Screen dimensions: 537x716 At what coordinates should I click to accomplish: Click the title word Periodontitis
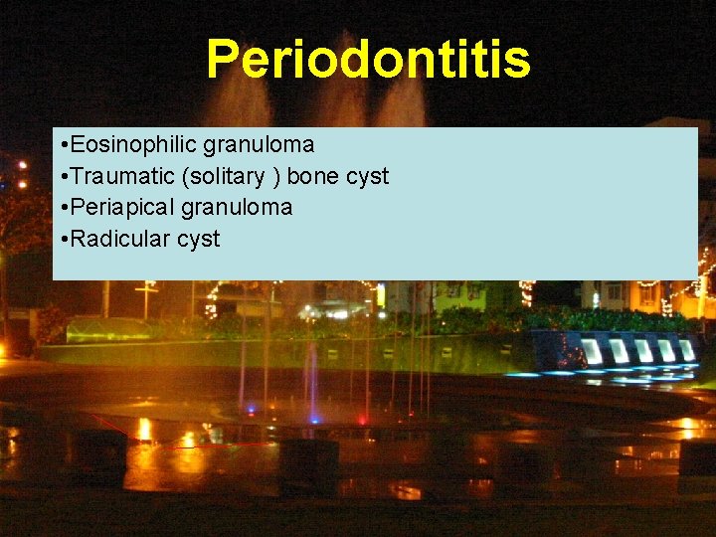pyautogui.click(x=368, y=60)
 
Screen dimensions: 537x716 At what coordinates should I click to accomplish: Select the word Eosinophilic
pyautogui.click(x=135, y=145)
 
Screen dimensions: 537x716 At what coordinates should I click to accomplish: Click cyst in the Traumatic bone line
pyautogui.click(x=366, y=177)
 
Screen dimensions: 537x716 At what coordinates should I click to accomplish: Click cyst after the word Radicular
pyautogui.click(x=198, y=240)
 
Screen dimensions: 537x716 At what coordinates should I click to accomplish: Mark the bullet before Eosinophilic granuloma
pyautogui.click(x=63, y=145)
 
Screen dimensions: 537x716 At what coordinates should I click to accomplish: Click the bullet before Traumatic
pyautogui.click(x=63, y=177)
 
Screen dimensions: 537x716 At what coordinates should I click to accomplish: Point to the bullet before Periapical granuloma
pyautogui.click(x=63, y=208)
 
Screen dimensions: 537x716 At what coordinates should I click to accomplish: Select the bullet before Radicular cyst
pyautogui.click(x=63, y=240)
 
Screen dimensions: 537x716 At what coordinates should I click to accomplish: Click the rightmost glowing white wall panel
pyautogui.click(x=686, y=350)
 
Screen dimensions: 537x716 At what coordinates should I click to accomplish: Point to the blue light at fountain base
pyautogui.click(x=314, y=418)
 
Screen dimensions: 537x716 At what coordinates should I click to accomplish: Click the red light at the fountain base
pyautogui.click(x=362, y=419)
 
